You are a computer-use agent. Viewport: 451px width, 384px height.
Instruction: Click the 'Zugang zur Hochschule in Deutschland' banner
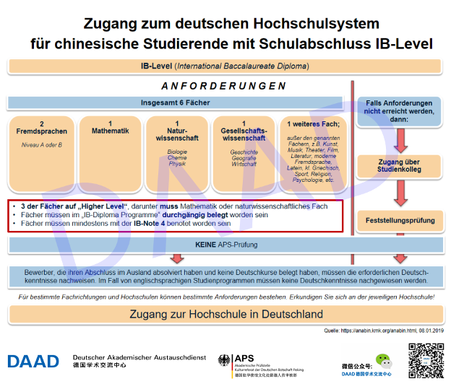coord(225,315)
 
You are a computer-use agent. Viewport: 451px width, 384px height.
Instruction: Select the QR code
coord(424,358)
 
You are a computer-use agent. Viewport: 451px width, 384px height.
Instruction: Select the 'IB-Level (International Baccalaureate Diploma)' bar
coord(225,66)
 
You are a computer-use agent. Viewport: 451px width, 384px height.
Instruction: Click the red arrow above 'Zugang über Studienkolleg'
coord(399,135)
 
